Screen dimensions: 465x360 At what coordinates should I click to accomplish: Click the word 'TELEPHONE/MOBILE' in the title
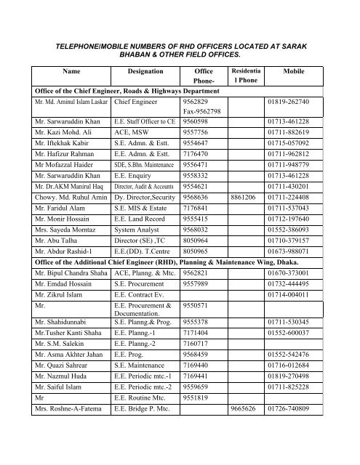(x=88, y=45)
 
